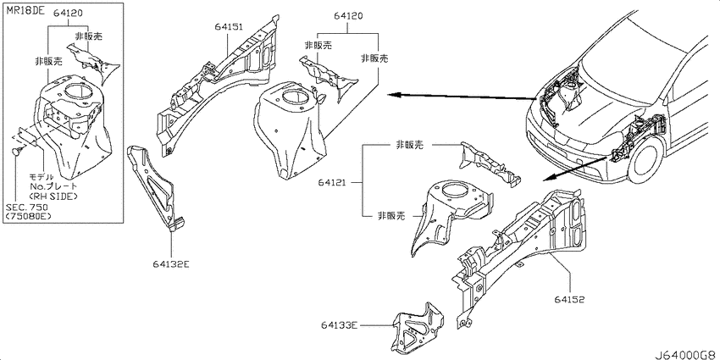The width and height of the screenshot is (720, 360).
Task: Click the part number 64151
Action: pos(228,26)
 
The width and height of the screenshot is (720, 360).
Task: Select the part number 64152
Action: pos(570,300)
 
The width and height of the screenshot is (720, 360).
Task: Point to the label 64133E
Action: pos(340,325)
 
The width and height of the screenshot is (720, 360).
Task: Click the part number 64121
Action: pos(330,183)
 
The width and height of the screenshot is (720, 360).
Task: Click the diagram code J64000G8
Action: pos(686,354)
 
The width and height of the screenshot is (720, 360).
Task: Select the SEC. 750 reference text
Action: pos(26,207)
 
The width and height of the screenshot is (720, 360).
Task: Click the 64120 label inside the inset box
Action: pos(68,13)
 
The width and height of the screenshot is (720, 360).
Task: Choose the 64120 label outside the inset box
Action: pos(348,16)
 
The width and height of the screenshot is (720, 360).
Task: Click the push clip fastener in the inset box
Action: pos(18,152)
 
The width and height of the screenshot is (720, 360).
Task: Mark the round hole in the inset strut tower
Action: pos(75,91)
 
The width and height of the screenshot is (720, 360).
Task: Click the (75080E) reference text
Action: pos(29,216)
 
